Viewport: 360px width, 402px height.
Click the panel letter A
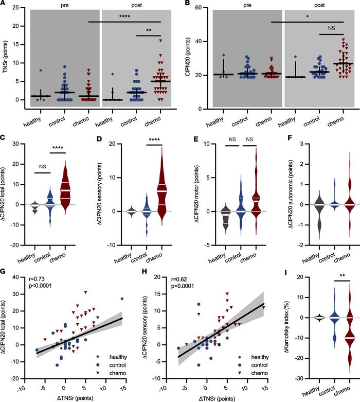[4, 4]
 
